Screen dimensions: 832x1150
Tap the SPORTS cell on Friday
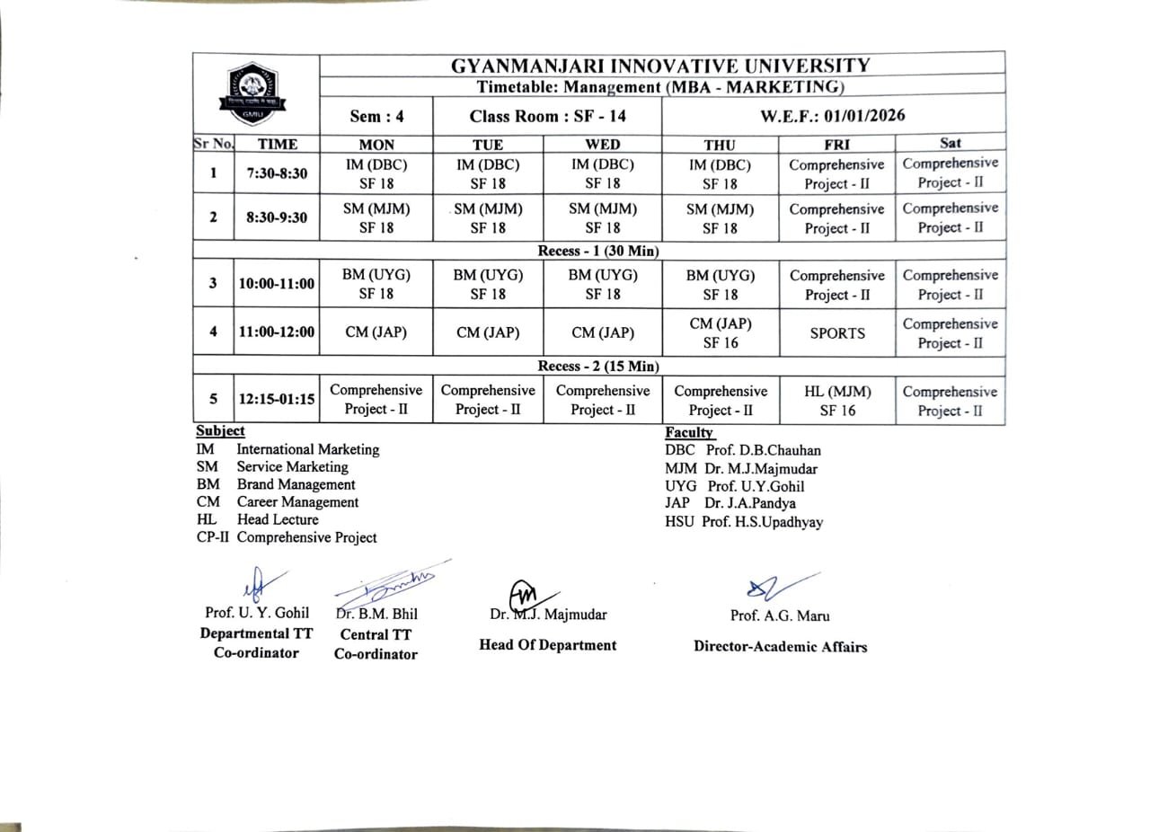[837, 333]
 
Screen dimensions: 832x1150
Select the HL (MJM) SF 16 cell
[837, 402]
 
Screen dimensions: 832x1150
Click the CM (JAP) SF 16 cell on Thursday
[720, 332]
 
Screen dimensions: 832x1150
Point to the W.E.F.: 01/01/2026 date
[833, 116]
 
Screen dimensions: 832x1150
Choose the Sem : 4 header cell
[376, 117]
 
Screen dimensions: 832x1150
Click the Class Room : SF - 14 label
[547, 117]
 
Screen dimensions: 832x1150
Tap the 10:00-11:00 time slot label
[277, 284]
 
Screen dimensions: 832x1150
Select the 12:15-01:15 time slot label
[277, 400]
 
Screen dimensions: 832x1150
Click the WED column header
[602, 144]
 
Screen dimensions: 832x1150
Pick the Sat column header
[950, 143]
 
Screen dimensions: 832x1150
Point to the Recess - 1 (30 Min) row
[598, 252]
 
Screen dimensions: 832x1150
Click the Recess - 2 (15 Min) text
[598, 367]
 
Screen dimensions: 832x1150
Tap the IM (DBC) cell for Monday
[376, 174]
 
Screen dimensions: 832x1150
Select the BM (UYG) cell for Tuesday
[488, 284]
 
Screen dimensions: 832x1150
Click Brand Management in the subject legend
[296, 484]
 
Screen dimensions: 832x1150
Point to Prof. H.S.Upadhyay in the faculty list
[761, 522]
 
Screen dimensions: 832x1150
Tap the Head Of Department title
[547, 645]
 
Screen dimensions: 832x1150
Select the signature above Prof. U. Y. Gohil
[261, 582]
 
